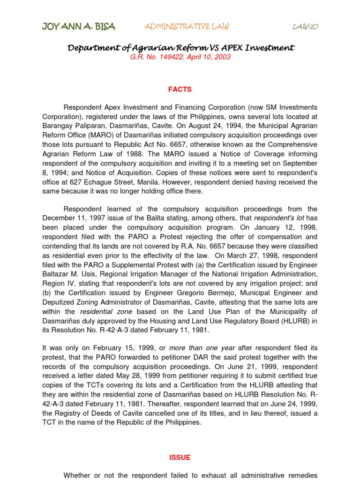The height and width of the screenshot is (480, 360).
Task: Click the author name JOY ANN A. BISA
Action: pos(78,27)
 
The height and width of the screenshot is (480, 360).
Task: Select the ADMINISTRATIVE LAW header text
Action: pos(187,27)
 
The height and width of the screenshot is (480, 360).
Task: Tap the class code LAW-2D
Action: pos(305,27)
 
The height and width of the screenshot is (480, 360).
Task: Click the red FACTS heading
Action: pos(180,90)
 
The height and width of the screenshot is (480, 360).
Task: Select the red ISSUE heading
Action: pos(180,457)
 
